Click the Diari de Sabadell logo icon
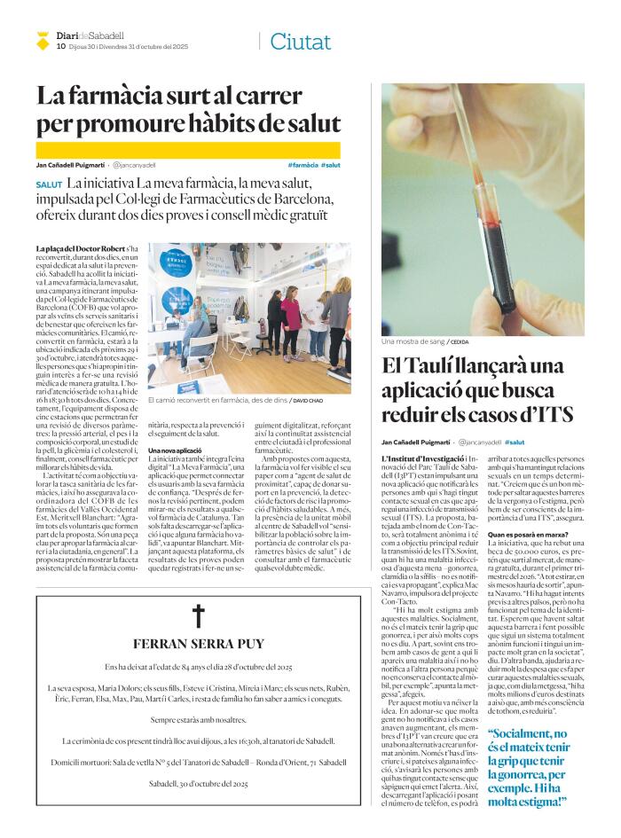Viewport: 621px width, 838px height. click(x=43, y=39)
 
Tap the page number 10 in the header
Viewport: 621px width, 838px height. click(x=60, y=46)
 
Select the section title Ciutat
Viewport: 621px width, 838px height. click(x=300, y=41)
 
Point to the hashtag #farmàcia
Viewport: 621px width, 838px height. click(x=303, y=165)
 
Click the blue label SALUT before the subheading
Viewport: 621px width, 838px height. click(x=50, y=184)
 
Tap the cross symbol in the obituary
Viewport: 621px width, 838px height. click(x=198, y=616)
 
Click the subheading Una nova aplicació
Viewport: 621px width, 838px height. click(x=176, y=451)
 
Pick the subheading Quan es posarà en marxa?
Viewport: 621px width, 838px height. click(x=530, y=535)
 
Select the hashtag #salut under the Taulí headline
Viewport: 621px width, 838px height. click(x=515, y=441)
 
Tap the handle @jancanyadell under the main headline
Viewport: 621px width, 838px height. click(x=133, y=165)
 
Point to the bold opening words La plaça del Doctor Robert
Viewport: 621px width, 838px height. click(x=79, y=250)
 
